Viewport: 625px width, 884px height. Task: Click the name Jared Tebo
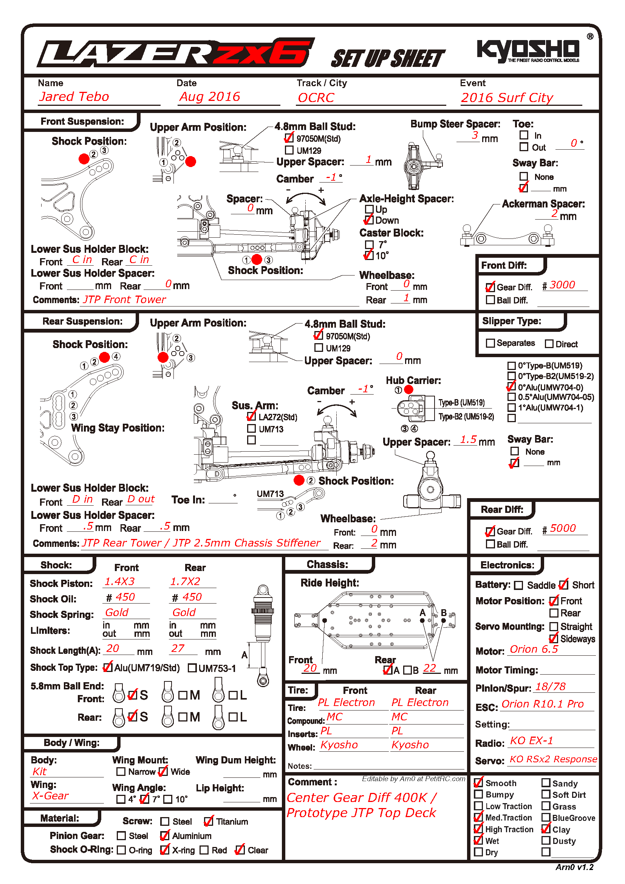pos(74,97)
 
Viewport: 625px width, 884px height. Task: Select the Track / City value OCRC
pos(316,98)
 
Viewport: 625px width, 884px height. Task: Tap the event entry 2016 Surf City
pos(507,98)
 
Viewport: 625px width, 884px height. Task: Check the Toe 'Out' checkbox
pos(523,147)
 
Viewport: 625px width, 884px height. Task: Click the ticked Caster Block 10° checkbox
pos(369,255)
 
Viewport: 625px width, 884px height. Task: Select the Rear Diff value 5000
pos(563,528)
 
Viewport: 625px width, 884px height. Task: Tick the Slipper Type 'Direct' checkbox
pos(549,344)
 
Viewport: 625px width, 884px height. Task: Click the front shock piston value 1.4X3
pos(120,581)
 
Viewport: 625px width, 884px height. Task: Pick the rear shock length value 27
pos(178,649)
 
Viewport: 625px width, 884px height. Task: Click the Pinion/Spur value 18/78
pos(550,686)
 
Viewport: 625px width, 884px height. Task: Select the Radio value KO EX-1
pos(532,740)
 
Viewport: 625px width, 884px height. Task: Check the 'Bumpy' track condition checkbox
pos(478,794)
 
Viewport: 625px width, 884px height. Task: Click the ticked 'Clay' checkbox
pos(546,829)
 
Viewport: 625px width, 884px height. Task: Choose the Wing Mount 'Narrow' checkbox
pos(121,772)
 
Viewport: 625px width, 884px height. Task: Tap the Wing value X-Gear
pos(50,796)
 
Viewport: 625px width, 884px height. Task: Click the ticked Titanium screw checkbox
pos(208,821)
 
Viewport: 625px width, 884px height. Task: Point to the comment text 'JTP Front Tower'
pos(125,300)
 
